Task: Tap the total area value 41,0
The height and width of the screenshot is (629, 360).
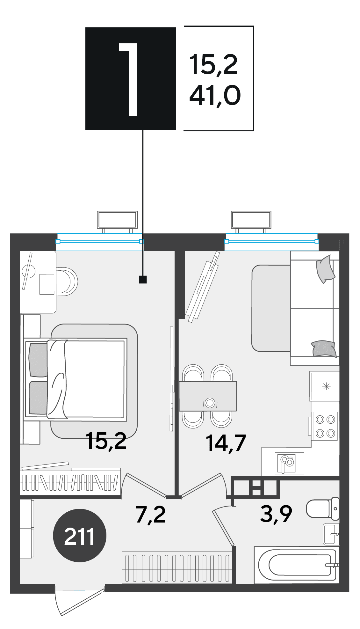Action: [215, 96]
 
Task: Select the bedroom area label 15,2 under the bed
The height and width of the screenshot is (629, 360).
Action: [106, 441]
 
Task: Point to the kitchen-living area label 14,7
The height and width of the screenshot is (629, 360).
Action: [226, 443]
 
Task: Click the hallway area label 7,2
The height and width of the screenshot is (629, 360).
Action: [151, 515]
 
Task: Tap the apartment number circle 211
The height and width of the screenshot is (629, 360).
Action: [79, 536]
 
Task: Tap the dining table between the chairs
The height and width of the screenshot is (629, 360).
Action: [208, 396]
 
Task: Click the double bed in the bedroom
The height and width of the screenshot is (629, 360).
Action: [76, 380]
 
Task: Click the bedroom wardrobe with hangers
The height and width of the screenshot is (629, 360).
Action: [70, 482]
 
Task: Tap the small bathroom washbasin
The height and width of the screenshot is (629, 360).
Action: [331, 534]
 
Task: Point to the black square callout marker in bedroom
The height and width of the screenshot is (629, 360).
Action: [143, 280]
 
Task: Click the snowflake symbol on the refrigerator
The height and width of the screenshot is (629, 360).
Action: [327, 386]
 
